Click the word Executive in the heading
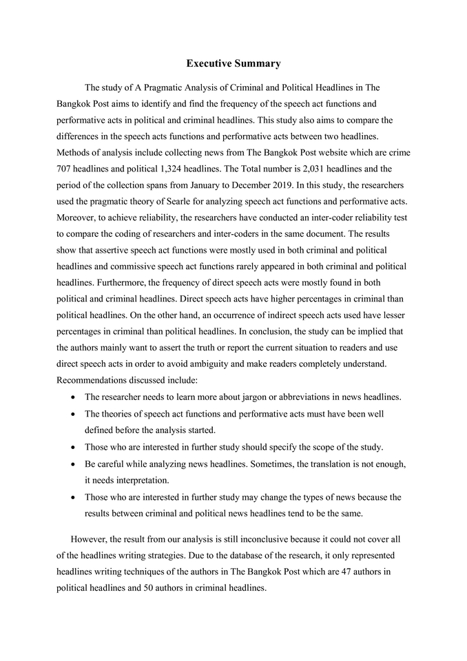[209, 63]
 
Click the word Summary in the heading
[257, 63]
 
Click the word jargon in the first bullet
[259, 397]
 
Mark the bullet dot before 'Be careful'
[74, 464]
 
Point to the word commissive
[158, 266]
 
